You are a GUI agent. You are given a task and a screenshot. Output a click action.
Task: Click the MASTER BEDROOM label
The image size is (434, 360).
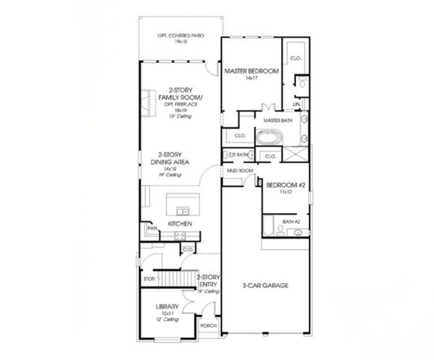coord(252,70)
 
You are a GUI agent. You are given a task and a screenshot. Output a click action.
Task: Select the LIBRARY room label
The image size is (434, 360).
coord(166,307)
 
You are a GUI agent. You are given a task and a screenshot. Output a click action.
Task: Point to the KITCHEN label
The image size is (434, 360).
coord(180,223)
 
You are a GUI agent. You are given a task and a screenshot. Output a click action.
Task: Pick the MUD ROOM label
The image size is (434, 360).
coord(238,171)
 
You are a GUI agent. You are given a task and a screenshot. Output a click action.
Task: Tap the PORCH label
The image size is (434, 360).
coord(208,326)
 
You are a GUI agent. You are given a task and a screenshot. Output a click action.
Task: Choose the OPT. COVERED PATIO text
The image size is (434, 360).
coord(180,35)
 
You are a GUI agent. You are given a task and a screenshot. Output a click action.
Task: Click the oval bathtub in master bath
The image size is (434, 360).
coord(268,138)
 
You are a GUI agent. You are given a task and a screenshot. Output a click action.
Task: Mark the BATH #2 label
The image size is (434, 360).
coord(291,221)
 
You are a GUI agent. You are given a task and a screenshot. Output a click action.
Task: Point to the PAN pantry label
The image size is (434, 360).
coord(151,227)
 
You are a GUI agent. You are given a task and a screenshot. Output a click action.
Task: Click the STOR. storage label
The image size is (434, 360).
coord(149,279)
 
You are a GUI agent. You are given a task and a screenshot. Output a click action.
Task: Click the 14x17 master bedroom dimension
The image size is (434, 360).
coord(252,78)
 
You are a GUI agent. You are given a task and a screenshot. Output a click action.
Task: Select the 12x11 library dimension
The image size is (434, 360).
coord(166,313)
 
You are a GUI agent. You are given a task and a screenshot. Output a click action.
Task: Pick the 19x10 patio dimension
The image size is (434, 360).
coord(180,42)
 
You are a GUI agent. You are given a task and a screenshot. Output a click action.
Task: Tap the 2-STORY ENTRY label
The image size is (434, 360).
coord(207,280)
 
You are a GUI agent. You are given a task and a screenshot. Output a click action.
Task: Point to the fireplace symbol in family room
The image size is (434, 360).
coord(146,100)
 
